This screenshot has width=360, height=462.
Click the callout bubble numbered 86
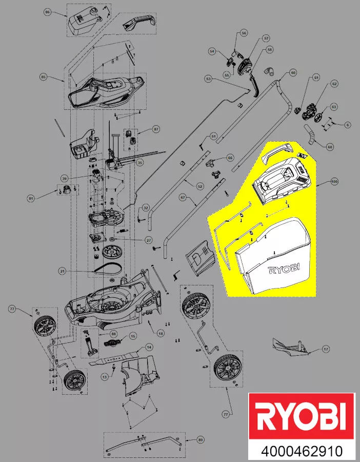[x=48, y=12]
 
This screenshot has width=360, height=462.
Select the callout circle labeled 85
[x=44, y=77]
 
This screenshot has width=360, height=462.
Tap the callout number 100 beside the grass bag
[x=334, y=182]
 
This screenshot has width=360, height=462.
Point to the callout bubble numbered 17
[x=325, y=350]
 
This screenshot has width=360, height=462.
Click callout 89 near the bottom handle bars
[x=199, y=440]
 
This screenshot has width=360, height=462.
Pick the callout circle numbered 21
[x=63, y=271]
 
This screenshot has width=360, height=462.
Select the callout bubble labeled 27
[x=149, y=240]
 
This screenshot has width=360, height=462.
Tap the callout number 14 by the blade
[x=149, y=348]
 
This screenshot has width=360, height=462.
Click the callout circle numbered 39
[x=65, y=178]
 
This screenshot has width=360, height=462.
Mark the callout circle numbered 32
[x=146, y=208]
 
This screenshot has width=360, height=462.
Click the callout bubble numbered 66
[x=230, y=158]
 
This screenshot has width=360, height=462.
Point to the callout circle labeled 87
[x=156, y=130]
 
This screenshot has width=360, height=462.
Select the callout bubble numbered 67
[x=183, y=197]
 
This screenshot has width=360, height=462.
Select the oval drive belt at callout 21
[x=108, y=269]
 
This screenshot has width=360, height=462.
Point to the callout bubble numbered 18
[x=161, y=334]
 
